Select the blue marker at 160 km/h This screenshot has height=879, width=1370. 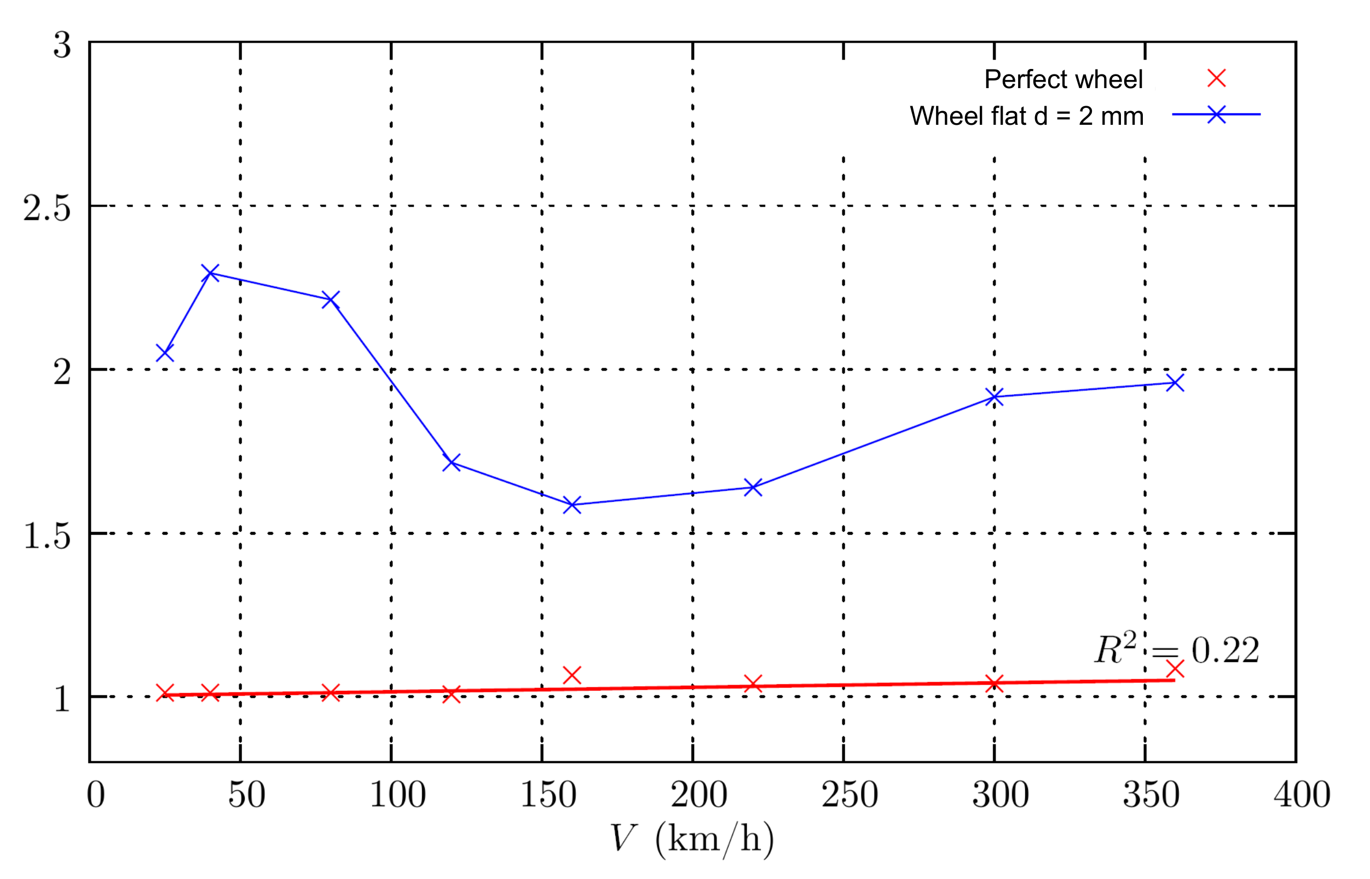(x=572, y=505)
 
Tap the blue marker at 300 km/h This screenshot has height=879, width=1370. (x=995, y=397)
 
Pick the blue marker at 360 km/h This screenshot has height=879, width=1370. (x=1175, y=383)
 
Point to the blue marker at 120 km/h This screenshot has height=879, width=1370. (x=452, y=462)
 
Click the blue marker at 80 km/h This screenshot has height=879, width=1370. (x=331, y=300)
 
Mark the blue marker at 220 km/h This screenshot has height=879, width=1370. (x=753, y=488)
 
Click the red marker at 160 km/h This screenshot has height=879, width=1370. (x=572, y=675)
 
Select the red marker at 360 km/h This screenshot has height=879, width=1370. (x=1175, y=668)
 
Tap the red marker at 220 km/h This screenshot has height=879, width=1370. (x=753, y=683)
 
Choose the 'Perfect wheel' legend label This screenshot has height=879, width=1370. (x=1063, y=79)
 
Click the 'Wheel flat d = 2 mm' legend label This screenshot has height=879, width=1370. (x=1026, y=116)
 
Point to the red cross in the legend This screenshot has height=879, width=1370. (x=1216, y=78)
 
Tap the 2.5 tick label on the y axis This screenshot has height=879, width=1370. (x=47, y=208)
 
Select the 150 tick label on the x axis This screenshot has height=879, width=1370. (x=548, y=795)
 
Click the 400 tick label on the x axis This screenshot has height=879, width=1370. (x=1302, y=795)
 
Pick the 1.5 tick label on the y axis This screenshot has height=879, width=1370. (x=47, y=536)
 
